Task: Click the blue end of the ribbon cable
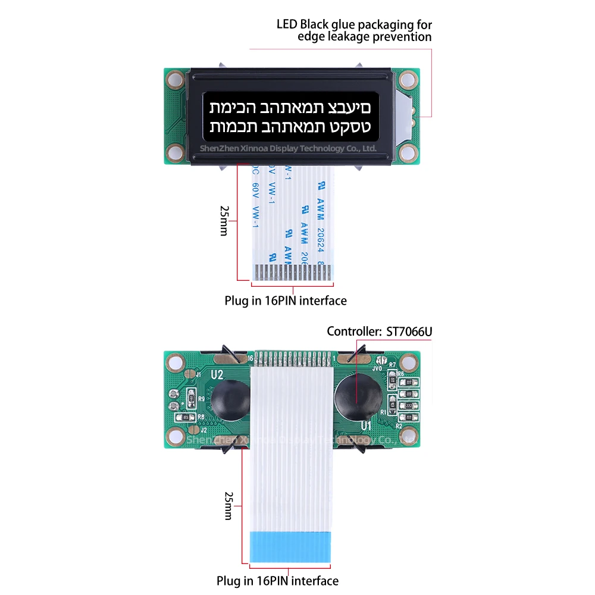pyautogui.click(x=290, y=546)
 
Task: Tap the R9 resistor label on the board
pyautogui.click(x=201, y=399)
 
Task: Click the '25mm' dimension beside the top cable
pyautogui.click(x=224, y=221)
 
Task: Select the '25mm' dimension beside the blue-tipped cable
pyautogui.click(x=228, y=506)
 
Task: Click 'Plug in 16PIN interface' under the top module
pyautogui.click(x=285, y=301)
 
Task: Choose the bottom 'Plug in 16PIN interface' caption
pyautogui.click(x=277, y=581)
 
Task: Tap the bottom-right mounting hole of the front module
pyautogui.click(x=408, y=154)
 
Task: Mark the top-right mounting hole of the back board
pyautogui.click(x=409, y=361)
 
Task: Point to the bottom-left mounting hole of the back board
pyautogui.click(x=175, y=437)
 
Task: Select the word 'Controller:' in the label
pyautogui.click(x=353, y=331)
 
